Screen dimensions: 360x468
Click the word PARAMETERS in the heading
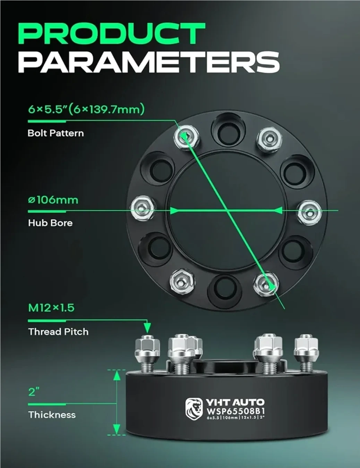tap(149, 62)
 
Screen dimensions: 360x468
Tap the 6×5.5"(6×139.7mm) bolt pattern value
tap(86, 109)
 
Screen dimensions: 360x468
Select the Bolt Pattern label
tap(55, 133)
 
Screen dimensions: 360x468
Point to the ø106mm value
tap(53, 200)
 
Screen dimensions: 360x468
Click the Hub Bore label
tap(50, 223)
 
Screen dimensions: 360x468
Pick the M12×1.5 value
tap(51, 307)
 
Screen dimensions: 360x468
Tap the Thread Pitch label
tap(58, 332)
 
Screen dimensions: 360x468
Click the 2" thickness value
tap(34, 392)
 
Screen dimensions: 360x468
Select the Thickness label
tap(52, 415)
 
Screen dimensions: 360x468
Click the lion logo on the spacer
tap(194, 409)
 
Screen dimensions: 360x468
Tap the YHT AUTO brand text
tap(235, 402)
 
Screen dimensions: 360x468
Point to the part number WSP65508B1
tap(235, 411)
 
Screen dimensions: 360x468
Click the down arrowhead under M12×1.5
tap(147, 328)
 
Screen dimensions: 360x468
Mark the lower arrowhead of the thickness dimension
tap(117, 429)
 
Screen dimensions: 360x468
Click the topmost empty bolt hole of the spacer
tap(228, 130)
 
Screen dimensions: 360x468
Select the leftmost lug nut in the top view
tap(143, 208)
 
